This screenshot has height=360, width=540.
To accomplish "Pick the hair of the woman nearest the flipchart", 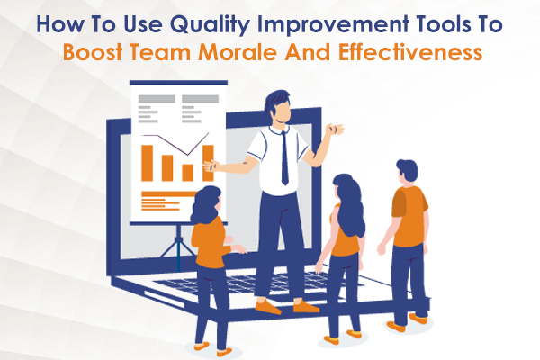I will [x=206, y=202].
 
